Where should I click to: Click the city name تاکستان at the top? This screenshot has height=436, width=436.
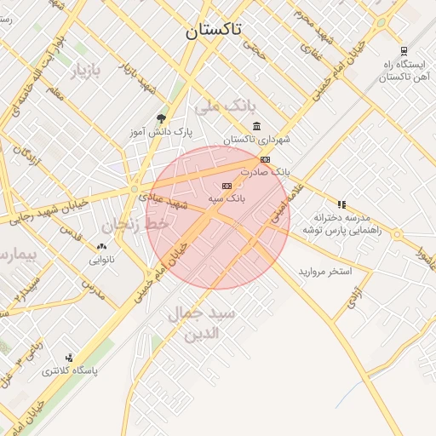click(214, 31)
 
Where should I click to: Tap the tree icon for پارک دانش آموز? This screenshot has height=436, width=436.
click(162, 119)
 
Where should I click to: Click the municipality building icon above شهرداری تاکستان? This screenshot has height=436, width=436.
click(256, 127)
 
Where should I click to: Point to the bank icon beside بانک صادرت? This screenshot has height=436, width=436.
click(265, 159)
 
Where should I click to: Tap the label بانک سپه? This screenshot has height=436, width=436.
click(227, 198)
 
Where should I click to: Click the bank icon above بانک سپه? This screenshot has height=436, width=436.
click(227, 186)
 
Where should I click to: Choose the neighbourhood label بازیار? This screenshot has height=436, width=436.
click(85, 71)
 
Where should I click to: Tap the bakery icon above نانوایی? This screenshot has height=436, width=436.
click(101, 247)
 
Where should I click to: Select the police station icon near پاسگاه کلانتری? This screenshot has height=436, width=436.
click(69, 358)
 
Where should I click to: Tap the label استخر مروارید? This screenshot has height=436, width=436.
click(324, 272)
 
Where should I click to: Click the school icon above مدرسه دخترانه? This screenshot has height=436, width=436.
click(341, 204)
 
